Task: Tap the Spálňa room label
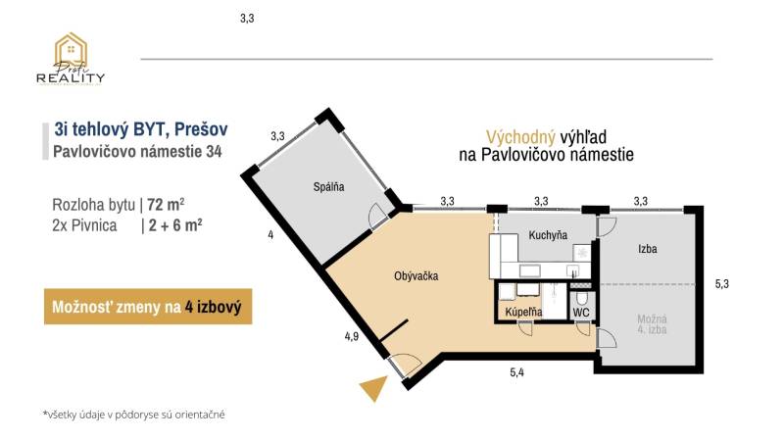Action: pyautogui.click(x=328, y=187)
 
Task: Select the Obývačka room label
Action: pyautogui.click(x=416, y=276)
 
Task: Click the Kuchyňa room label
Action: pyautogui.click(x=549, y=236)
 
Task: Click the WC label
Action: pyautogui.click(x=581, y=314)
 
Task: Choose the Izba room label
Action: pyautogui.click(x=647, y=250)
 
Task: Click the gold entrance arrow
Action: pyautogui.click(x=371, y=388)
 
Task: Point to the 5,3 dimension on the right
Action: pyautogui.click(x=722, y=284)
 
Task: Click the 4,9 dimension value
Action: pyautogui.click(x=351, y=335)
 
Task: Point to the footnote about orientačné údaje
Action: pyautogui.click(x=134, y=415)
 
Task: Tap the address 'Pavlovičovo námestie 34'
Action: pyautogui.click(x=136, y=151)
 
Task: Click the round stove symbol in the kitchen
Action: pyautogui.click(x=582, y=252)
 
